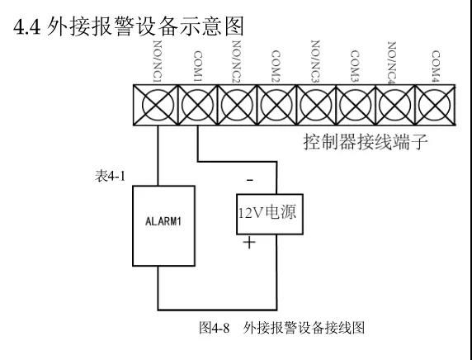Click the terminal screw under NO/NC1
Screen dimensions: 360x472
157,105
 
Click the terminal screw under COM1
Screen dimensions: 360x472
196,105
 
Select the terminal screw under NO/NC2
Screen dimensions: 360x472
237,105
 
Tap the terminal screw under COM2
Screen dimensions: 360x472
276,105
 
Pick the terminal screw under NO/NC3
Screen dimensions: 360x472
316,105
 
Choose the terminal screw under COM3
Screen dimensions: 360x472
356,105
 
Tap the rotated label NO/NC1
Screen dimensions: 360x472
157,61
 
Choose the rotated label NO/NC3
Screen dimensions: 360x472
316,61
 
